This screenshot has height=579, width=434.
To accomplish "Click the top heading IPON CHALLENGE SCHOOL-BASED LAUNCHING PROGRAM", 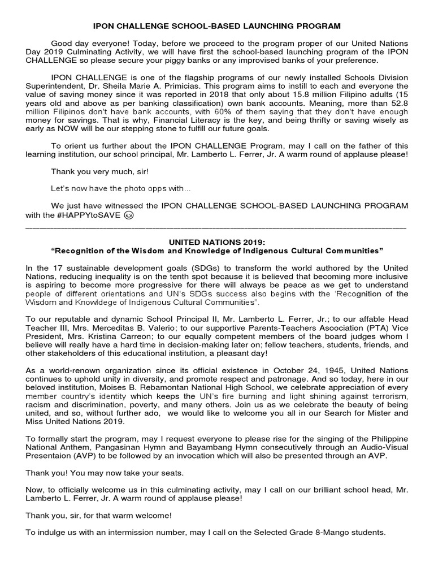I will pos(216,26).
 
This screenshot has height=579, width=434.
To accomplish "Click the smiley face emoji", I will pos(129,215).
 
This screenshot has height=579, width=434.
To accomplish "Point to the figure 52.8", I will pos(397,102).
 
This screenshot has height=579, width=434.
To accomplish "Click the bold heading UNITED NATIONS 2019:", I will pos(216,241).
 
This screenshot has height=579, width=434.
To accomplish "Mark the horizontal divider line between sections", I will pos(216,226).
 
